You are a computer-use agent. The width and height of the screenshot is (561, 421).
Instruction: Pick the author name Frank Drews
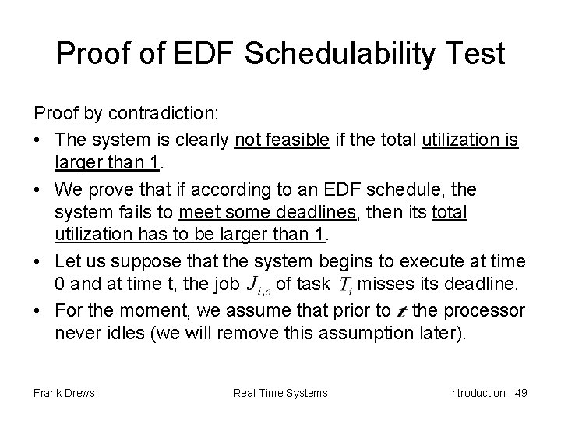pos(63,392)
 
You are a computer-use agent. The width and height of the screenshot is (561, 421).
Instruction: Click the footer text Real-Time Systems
pos(280,392)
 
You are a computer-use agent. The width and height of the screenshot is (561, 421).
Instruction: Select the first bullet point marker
pos(39,141)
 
